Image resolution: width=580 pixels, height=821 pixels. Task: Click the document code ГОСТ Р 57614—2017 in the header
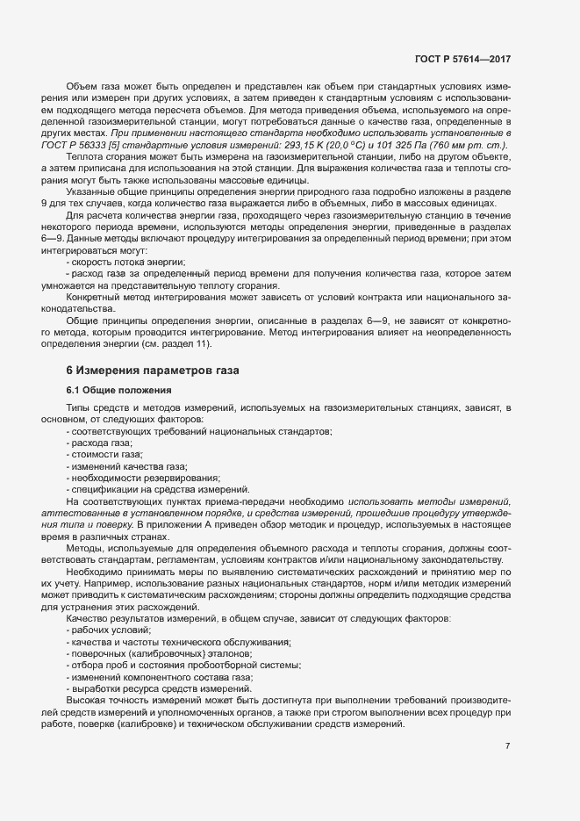click(x=463, y=59)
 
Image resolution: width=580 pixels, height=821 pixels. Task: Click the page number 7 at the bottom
click(x=508, y=746)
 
